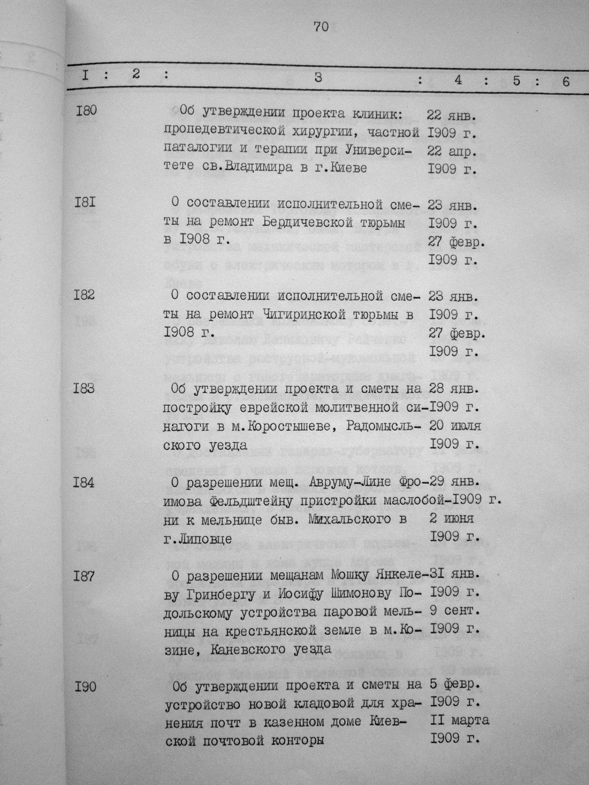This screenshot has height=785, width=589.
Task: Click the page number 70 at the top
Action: pos(321,26)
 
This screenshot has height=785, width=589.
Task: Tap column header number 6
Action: pos(566,82)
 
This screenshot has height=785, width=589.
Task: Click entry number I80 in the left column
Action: pos(86,109)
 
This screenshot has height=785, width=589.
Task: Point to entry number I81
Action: pos(85,202)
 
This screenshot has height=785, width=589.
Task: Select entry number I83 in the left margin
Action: pos(85,389)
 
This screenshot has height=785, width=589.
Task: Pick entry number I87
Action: pos(84,576)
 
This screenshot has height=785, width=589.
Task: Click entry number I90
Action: pos(85,686)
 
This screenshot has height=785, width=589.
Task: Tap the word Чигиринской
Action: pos(309,315)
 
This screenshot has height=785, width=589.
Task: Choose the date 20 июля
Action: pos(455,426)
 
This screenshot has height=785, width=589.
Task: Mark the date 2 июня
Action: pos(452,519)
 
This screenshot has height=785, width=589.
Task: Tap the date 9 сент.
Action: pos(454,610)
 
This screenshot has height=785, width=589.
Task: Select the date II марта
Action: pos(459,720)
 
